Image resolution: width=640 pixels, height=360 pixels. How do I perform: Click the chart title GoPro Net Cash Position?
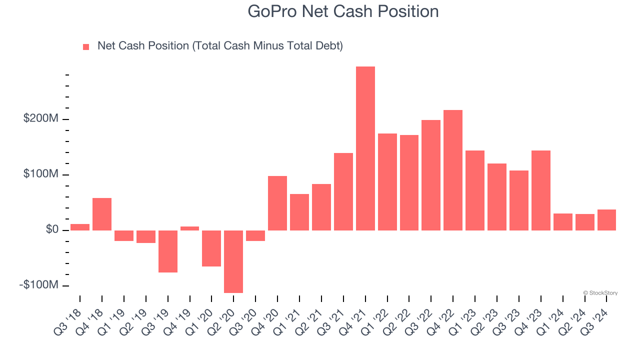(343, 11)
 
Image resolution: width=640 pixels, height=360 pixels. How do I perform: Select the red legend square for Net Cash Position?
(86, 46)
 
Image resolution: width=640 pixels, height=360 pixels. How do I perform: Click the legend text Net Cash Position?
(220, 46)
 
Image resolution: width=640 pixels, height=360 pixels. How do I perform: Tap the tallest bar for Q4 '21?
(365, 148)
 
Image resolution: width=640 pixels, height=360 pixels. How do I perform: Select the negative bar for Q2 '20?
(233, 261)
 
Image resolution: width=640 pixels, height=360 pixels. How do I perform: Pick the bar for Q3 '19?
(167, 251)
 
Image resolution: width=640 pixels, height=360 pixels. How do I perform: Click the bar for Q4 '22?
(452, 170)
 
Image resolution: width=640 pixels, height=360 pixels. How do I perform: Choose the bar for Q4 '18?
(102, 214)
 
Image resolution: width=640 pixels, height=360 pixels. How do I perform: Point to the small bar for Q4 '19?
(189, 228)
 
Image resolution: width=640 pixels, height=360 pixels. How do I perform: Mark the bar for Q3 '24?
(606, 220)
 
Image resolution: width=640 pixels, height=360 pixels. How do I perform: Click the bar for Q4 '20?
(277, 203)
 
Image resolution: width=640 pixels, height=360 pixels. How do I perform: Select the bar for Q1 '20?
(211, 248)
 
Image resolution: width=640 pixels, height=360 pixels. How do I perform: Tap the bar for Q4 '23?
(540, 190)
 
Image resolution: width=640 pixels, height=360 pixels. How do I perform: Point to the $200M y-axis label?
(40, 119)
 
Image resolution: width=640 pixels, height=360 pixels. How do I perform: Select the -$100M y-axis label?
(38, 285)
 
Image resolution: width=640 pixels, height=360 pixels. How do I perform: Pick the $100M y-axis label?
(40, 174)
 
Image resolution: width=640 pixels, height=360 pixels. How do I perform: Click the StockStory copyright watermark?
(600, 293)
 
